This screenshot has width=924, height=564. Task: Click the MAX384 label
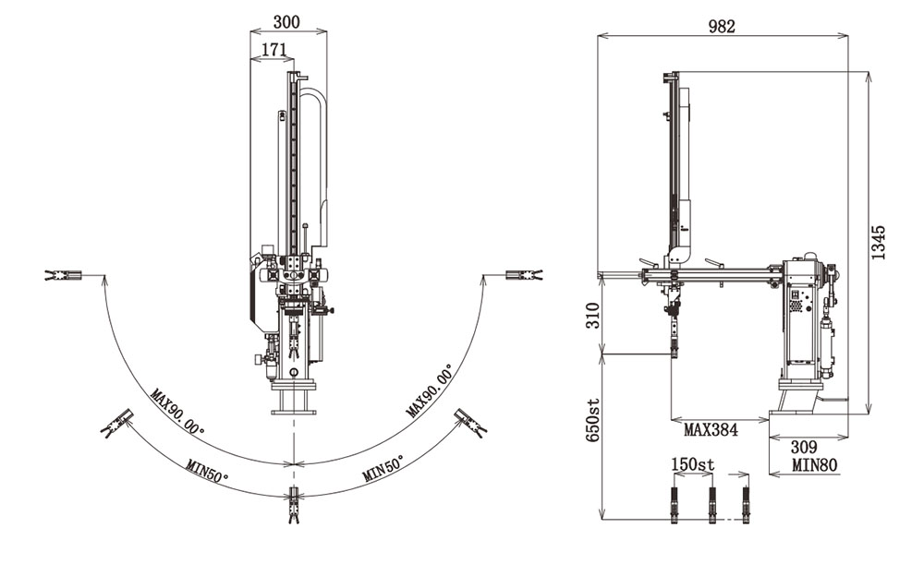711,430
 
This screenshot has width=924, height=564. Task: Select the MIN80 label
815,465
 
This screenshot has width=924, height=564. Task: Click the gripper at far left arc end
63,275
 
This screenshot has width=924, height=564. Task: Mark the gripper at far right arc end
524,275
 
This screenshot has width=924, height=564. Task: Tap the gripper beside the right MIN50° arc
471,424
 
